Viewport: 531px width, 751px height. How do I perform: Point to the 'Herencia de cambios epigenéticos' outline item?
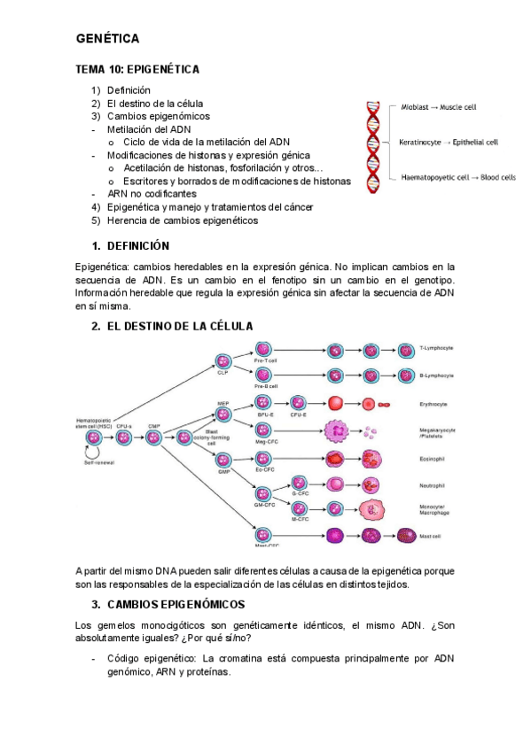(182, 221)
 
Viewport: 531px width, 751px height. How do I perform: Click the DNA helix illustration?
(373, 143)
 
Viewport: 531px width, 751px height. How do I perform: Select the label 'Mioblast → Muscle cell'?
(437, 107)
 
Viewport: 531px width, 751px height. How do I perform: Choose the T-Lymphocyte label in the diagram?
(437, 348)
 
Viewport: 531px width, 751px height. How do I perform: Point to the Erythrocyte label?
(433, 404)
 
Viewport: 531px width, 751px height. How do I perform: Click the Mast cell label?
(432, 535)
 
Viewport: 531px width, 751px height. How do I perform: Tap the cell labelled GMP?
(223, 460)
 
